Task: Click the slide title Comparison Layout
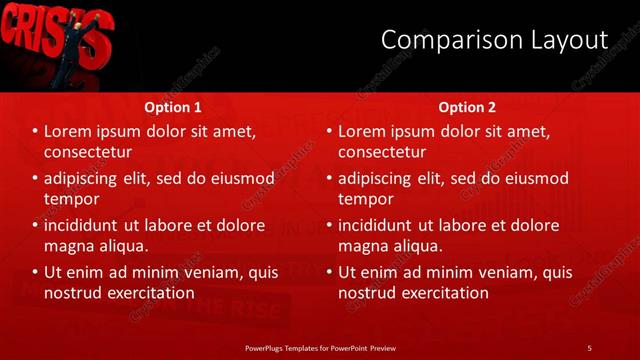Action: click(x=495, y=40)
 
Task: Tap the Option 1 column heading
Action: click(x=173, y=107)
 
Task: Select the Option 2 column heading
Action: click(x=467, y=107)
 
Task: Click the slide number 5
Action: click(x=589, y=347)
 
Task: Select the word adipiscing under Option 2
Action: click(x=381, y=179)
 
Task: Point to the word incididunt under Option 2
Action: click(x=379, y=225)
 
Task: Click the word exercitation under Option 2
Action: click(x=439, y=293)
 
